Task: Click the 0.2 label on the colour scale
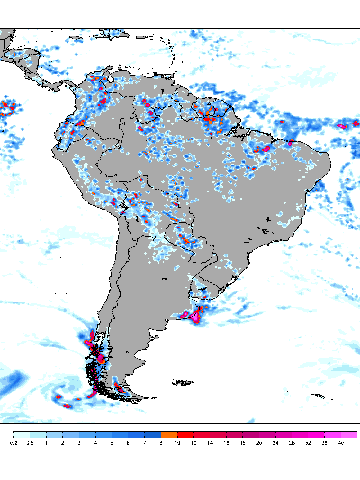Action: pos(13,443)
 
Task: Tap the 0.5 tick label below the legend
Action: pos(30,443)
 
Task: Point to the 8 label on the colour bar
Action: pos(161,443)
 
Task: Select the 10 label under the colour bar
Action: pos(177,443)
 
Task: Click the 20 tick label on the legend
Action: pos(259,443)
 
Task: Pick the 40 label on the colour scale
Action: pos(341,443)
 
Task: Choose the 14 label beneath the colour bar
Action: pos(210,443)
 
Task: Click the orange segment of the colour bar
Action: pos(169,434)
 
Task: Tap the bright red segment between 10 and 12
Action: pos(185,434)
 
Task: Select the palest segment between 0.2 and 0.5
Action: pos(21,434)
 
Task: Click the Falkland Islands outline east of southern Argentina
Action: pos(183,383)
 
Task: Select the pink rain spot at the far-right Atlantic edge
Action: pos(343,126)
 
